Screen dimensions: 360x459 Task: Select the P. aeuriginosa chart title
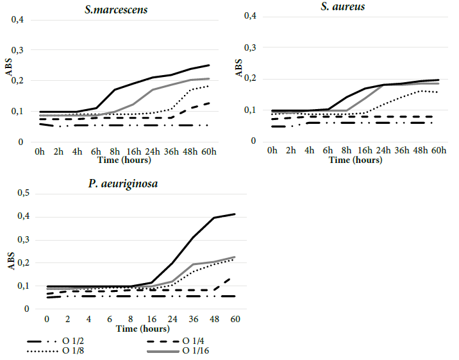pyautogui.click(x=124, y=184)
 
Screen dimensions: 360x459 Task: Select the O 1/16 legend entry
pyautogui.click(x=194, y=351)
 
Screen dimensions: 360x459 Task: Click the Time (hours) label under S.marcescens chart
pyautogui.click(x=122, y=159)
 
